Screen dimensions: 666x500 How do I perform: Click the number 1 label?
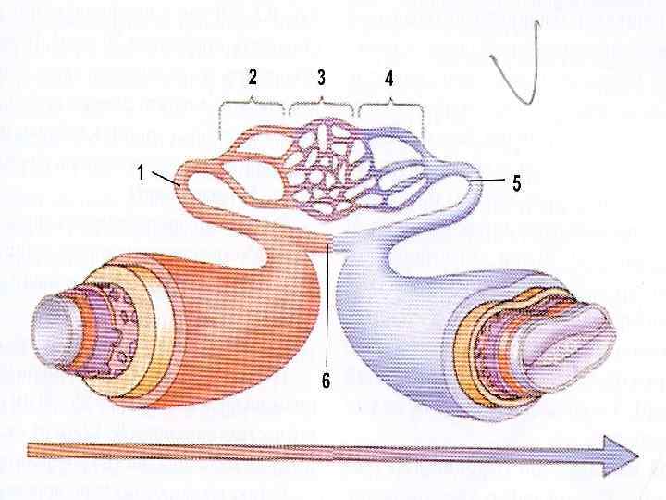139,171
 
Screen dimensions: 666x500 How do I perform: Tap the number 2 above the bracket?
252,79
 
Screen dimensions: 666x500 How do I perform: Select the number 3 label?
320,79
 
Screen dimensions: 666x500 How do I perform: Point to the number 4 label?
389,80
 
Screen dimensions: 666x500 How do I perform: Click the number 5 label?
516,183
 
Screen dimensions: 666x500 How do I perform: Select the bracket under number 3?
321,102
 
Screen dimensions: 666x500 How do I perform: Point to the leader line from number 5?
490,178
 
